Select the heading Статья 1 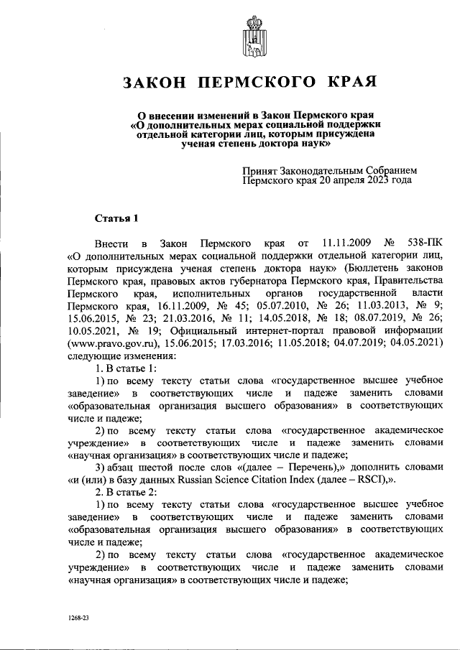click(116, 218)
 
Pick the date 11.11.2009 click(346, 243)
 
